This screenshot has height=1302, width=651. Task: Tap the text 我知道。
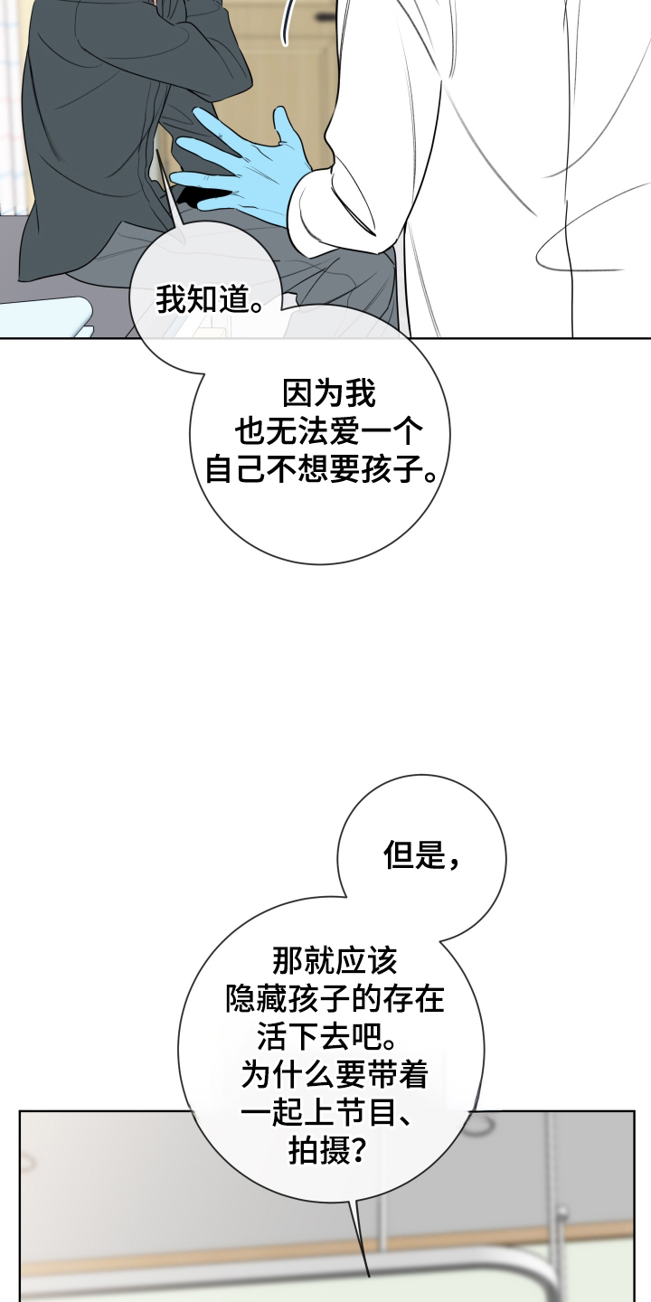click(x=209, y=300)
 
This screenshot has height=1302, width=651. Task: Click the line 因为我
click(x=329, y=394)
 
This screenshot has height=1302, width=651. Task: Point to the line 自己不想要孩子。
click(x=322, y=468)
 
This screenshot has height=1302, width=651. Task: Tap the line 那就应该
click(x=335, y=961)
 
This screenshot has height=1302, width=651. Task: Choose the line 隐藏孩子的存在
click(x=335, y=998)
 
